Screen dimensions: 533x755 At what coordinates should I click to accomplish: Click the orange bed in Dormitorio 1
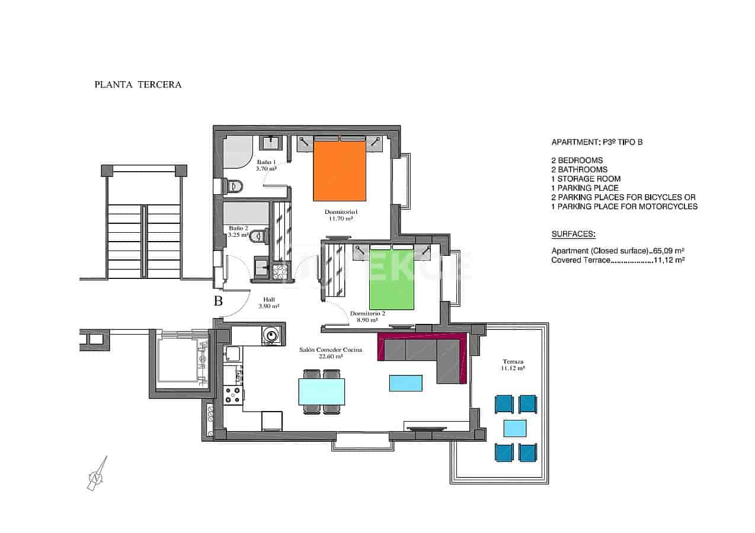coord(339,171)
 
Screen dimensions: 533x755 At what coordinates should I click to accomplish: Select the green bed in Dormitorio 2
coord(391,283)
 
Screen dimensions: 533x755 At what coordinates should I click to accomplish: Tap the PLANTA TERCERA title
coord(138,85)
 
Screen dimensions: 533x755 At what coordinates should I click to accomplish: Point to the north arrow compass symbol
coord(97,474)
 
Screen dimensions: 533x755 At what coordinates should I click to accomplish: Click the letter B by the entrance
coord(218,301)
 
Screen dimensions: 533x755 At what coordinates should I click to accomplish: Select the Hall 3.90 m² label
coord(268,303)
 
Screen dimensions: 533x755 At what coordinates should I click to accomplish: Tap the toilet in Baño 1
coord(234,187)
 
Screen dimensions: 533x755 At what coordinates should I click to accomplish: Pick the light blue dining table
coord(321,391)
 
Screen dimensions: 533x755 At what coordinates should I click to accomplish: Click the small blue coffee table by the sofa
coord(406,383)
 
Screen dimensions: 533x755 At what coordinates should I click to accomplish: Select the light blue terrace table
coord(515,428)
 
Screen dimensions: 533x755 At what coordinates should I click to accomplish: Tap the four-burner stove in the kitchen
coord(233,395)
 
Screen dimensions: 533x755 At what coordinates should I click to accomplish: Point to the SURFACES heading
coord(573,234)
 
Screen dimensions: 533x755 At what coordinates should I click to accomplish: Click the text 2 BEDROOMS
coord(577,160)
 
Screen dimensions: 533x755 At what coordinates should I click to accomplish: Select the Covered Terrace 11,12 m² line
coord(618,260)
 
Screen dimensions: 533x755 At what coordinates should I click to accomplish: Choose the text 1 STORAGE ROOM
coord(586,179)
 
